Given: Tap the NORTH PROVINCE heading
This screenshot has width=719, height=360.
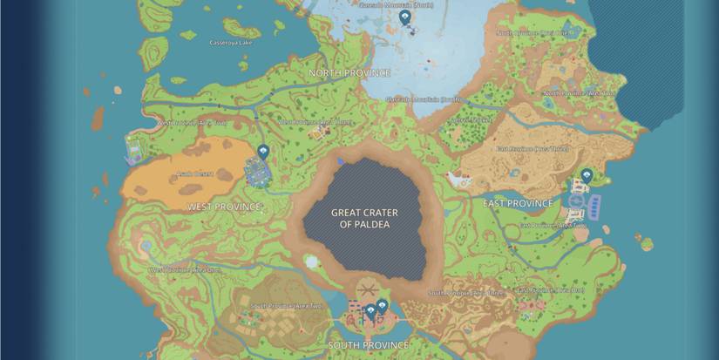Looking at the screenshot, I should point(349,73).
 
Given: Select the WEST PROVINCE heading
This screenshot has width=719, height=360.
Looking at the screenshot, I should point(224,207).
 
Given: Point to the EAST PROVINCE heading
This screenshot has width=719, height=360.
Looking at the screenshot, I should point(518,203).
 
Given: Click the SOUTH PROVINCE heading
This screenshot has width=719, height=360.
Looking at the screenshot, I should point(369,346).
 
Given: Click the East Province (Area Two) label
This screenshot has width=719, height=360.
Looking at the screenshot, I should point(553,226).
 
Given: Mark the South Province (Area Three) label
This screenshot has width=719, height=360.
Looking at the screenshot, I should point(467,293).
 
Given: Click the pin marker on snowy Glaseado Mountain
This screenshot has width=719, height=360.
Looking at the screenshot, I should point(404,17).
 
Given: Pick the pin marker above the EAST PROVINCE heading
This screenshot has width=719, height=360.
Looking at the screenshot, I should point(587,175).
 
